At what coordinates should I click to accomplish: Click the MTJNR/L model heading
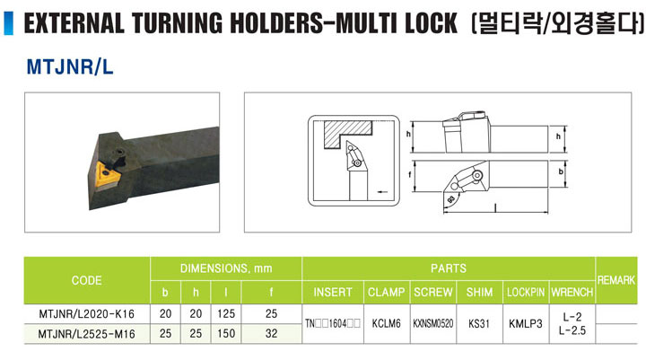tap(70, 66)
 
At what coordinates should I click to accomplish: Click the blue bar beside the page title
tap(8, 23)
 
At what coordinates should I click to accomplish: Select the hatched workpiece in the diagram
tap(347, 132)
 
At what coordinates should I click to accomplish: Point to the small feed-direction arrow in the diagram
tap(383, 191)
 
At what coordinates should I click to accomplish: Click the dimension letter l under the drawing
tap(494, 208)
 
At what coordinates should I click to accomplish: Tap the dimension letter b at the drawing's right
tap(560, 171)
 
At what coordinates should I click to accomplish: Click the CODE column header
tap(86, 280)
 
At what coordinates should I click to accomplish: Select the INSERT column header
tap(333, 293)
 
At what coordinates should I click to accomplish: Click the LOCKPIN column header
tap(526, 293)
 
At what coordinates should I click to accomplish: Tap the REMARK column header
tap(615, 280)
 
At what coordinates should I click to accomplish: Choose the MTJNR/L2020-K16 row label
tap(86, 314)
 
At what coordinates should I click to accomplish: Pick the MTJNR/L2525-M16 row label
tap(86, 334)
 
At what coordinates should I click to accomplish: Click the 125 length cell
tap(226, 314)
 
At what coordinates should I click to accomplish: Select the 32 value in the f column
tap(271, 333)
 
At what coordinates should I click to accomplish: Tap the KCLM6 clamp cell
tap(386, 324)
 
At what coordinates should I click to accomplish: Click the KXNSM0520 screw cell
tap(433, 324)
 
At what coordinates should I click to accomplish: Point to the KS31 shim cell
tap(479, 324)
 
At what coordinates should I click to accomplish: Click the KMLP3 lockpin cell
tap(526, 324)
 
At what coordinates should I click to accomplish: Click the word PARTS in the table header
tap(449, 268)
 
